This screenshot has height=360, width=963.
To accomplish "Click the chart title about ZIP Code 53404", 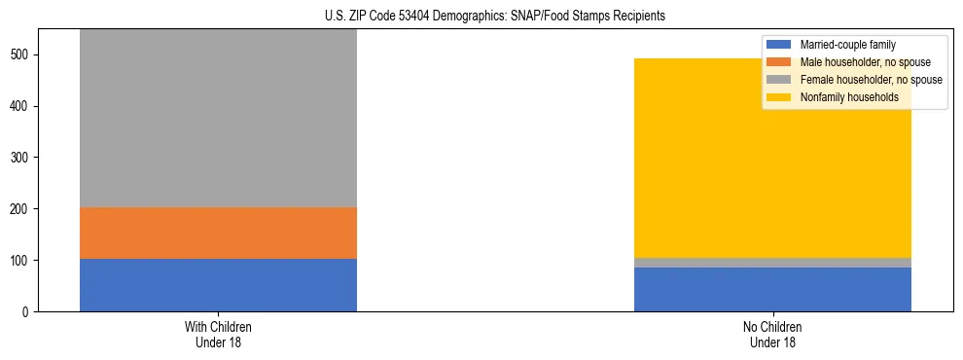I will click(x=481, y=17).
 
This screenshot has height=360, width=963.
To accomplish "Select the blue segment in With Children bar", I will click(x=218, y=285).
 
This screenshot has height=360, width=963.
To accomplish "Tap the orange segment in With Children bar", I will click(x=218, y=233).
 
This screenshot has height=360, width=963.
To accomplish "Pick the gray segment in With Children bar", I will click(x=218, y=117).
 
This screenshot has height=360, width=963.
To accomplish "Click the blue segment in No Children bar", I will click(x=772, y=290).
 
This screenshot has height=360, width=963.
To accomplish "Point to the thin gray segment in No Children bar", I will click(x=772, y=263).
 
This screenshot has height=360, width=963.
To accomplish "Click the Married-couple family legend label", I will click(x=847, y=45).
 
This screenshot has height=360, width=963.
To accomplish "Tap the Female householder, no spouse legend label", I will click(x=871, y=80).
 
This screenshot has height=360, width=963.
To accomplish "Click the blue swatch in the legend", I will click(x=779, y=45).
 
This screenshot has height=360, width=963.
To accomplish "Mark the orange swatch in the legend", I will click(x=779, y=62).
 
